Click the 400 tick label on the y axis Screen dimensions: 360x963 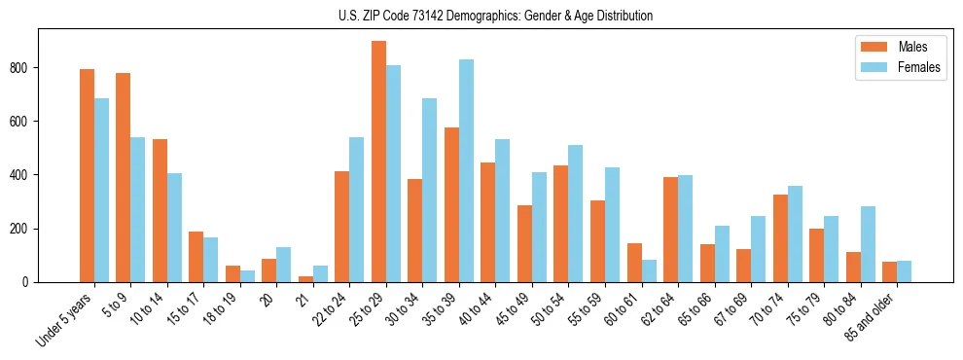pyautogui.click(x=21, y=175)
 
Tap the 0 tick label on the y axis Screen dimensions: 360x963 pyautogui.click(x=28, y=282)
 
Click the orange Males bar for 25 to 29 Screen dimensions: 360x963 pyautogui.click(x=378, y=162)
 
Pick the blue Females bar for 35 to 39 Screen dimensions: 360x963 pyautogui.click(x=466, y=171)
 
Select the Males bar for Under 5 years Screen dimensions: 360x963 pyautogui.click(x=87, y=176)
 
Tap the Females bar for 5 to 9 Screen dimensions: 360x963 pyautogui.click(x=138, y=210)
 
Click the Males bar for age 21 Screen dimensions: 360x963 pyautogui.click(x=305, y=279)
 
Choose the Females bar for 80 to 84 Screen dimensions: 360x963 pyautogui.click(x=868, y=244)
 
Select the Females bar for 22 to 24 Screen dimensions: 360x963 pyautogui.click(x=357, y=210)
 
